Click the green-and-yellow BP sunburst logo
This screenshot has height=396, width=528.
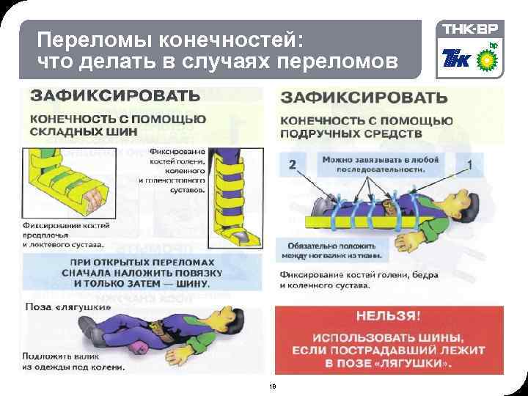(484, 57)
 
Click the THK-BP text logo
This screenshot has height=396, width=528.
(468, 29)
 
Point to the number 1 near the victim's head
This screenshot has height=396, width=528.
(469, 164)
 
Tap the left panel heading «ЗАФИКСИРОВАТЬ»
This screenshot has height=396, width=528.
(114, 96)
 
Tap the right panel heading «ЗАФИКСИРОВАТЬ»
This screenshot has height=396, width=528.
(364, 97)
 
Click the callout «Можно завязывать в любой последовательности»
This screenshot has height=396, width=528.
(380, 163)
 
